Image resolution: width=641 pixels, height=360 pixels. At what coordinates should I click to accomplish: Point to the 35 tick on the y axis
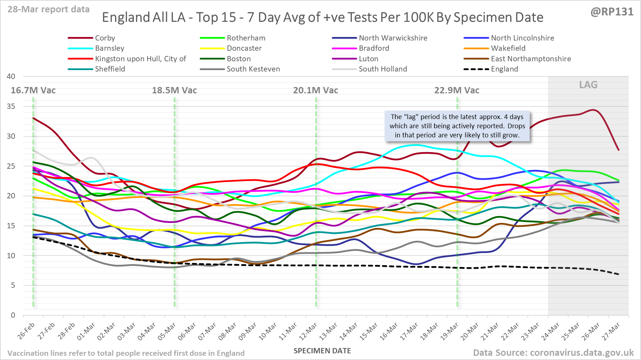pos(11,106)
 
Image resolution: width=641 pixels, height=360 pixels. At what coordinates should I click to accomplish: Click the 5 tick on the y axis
pos(13,285)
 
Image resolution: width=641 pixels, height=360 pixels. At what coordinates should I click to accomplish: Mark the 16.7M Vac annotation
pos(33,91)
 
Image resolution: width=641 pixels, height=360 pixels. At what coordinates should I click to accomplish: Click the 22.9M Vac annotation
pos(457,91)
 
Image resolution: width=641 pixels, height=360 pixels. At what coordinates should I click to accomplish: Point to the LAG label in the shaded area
pos(588,85)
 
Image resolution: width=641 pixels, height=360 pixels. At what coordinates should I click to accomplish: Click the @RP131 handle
pos(612,12)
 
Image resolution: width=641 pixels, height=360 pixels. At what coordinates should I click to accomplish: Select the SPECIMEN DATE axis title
pos(322,351)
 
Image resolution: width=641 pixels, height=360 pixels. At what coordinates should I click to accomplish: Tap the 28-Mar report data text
pos(49,10)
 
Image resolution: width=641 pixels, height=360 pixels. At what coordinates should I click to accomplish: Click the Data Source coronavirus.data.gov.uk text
pos(553,353)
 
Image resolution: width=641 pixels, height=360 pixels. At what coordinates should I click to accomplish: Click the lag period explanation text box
pos(457,126)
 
